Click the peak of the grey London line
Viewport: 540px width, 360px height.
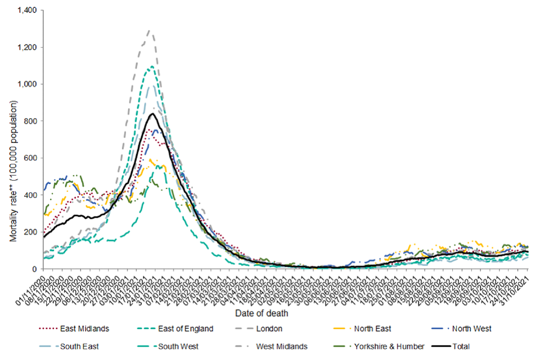point(149,30)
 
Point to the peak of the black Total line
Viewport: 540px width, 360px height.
point(152,114)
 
